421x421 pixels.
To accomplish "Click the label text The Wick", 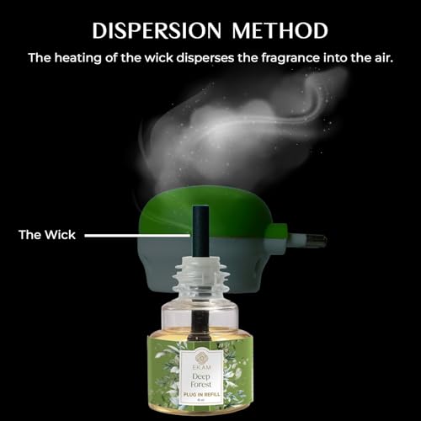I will click(47, 235).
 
